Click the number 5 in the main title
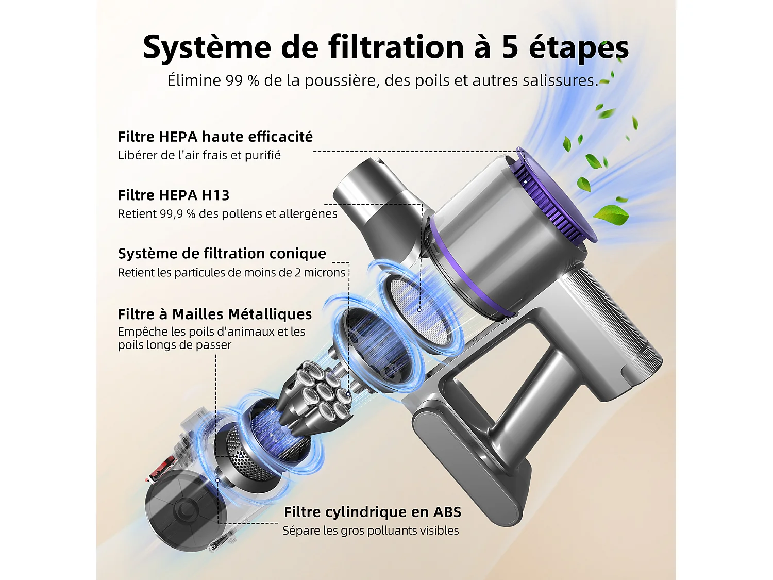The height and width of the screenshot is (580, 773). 510,47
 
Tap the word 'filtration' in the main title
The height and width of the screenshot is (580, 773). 396,47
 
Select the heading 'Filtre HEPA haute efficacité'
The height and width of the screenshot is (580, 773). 215,137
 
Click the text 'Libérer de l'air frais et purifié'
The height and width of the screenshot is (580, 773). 199,155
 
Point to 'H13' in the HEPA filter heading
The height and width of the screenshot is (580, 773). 215,195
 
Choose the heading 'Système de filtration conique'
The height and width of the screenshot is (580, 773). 222,254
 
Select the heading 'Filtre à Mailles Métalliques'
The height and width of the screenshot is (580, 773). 214,314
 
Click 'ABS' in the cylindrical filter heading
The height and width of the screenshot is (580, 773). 447,512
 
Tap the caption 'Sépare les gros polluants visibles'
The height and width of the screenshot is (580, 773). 370,531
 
